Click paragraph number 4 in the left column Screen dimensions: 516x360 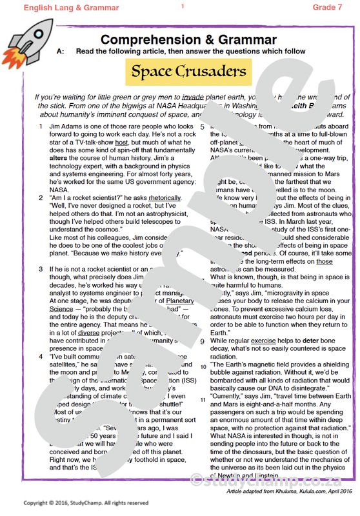(x=41, y=356)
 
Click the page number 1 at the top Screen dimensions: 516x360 (x=183, y=6)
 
